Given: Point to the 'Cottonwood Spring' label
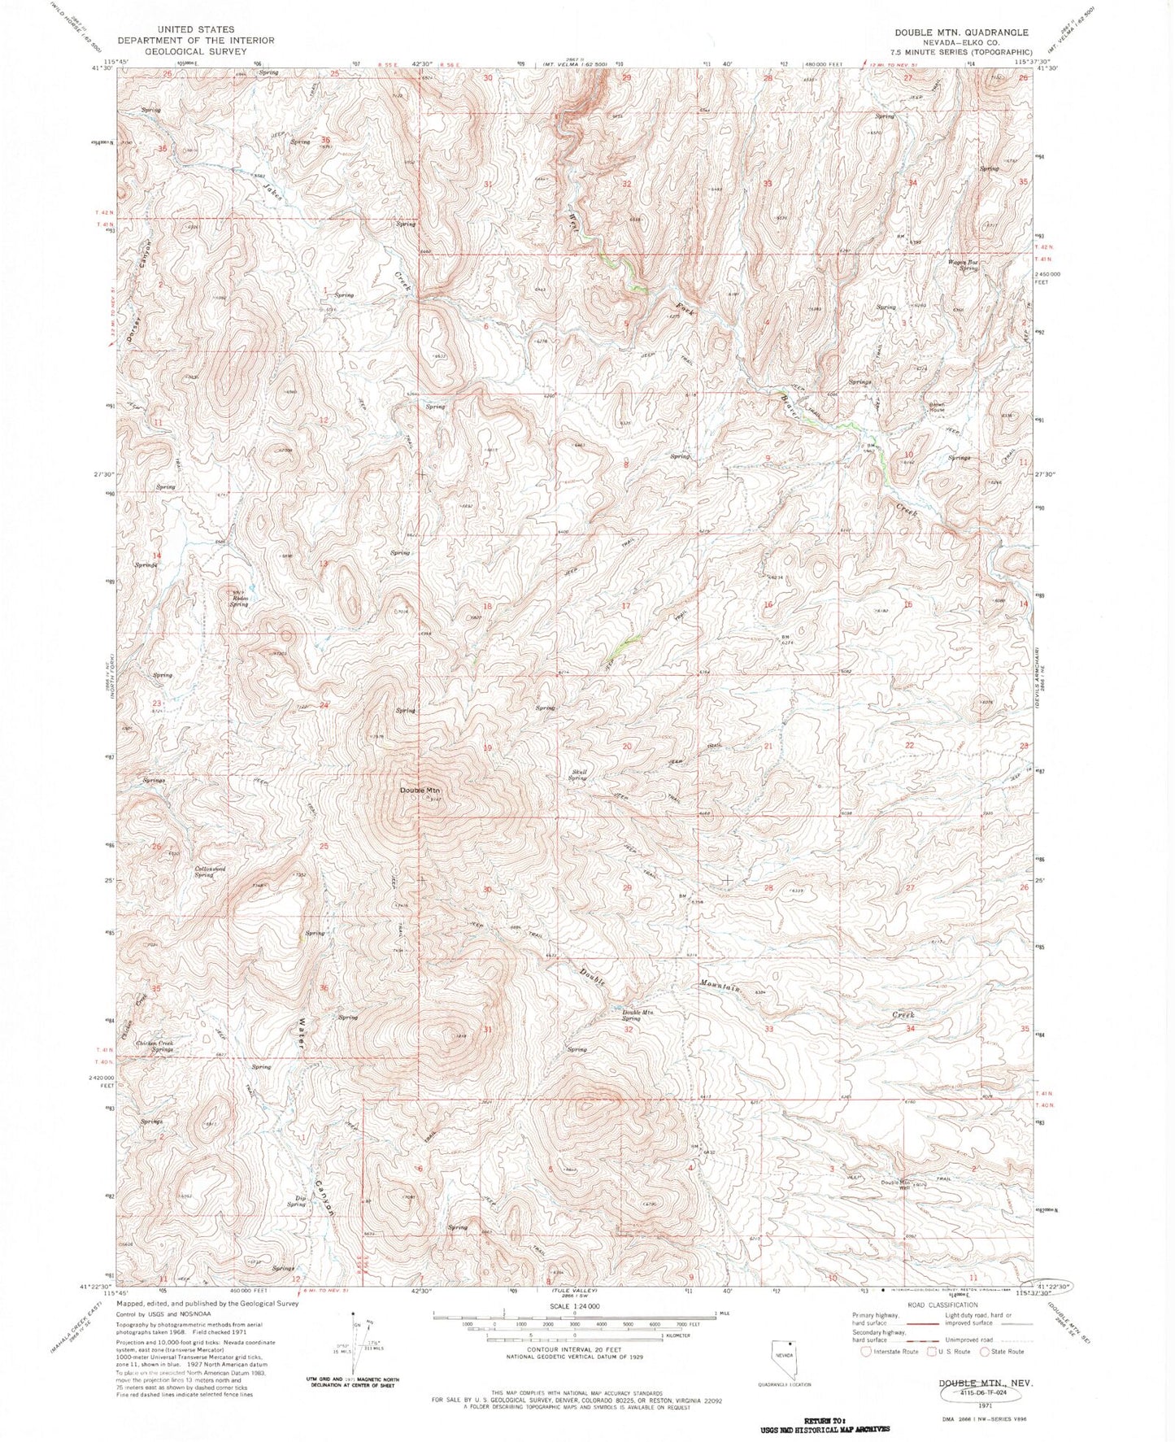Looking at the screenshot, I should coord(209,871).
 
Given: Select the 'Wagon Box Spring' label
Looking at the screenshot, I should coord(962,265).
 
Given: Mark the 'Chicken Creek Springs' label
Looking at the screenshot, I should coord(154,1046).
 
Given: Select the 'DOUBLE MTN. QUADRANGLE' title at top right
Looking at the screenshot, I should coord(961,33).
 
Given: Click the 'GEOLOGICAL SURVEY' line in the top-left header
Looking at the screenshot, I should coord(195,50).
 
